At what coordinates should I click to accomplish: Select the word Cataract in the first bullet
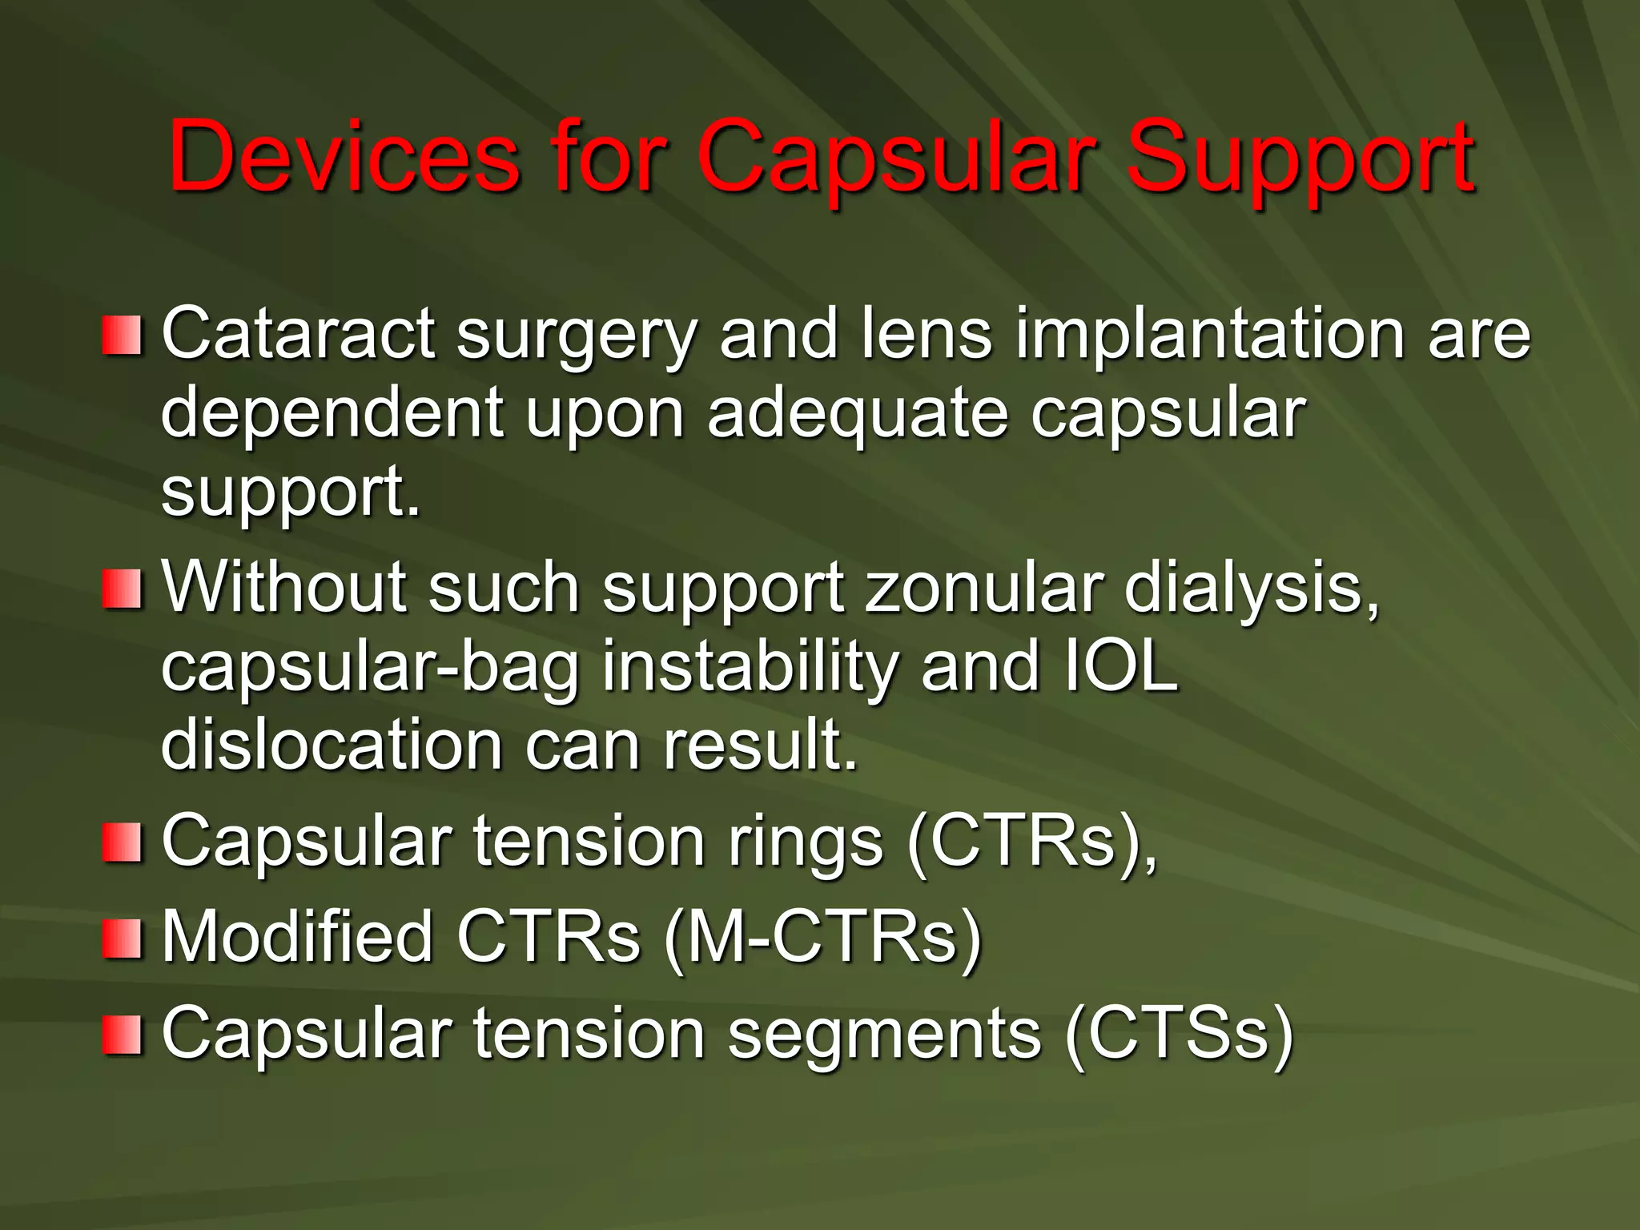tap(299, 334)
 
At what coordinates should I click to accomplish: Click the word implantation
tap(1210, 334)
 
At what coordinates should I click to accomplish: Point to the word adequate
tap(857, 413)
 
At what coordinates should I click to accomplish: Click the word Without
tap(283, 588)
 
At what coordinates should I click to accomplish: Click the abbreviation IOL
tap(1121, 666)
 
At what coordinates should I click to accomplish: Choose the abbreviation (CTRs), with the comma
tap(1033, 841)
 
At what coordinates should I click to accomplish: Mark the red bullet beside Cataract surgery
tap(122, 335)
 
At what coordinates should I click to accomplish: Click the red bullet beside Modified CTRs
tap(122, 939)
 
